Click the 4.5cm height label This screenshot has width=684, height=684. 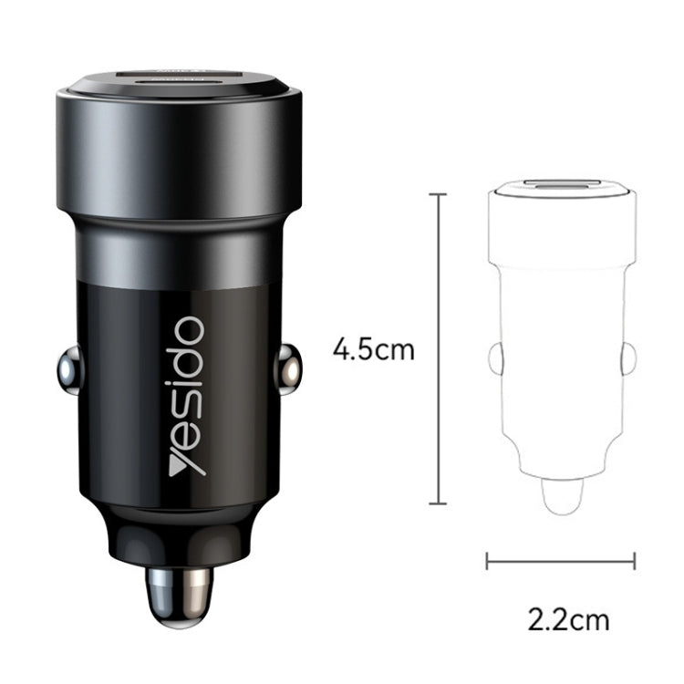pos(374,349)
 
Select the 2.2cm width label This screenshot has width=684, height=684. pos(568,620)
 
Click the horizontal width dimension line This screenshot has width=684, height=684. pos(561,561)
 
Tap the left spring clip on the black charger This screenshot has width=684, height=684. pos(67,368)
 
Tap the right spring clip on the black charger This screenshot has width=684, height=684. pos(288,368)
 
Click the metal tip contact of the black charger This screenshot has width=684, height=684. pos(179,596)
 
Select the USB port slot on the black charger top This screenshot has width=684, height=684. pos(179,79)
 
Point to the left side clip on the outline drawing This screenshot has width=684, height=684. pos(495,358)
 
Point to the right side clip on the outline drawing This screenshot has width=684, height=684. pos(627,358)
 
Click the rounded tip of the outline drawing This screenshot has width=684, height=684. pos(561,497)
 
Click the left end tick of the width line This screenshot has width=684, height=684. pos(487,561)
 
